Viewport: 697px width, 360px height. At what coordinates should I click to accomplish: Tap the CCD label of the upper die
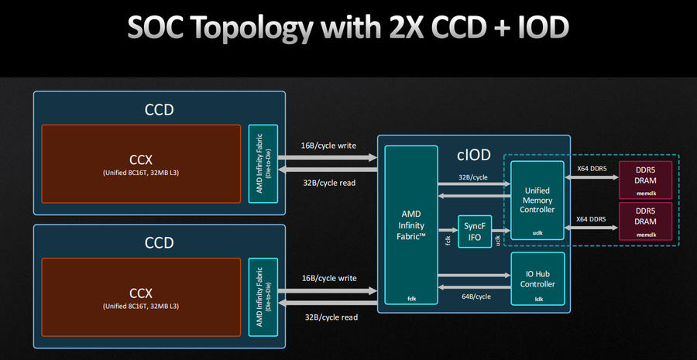(159, 109)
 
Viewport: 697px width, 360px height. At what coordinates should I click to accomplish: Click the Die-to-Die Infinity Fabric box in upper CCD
(263, 163)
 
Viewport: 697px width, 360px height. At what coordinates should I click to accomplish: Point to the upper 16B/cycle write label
(328, 146)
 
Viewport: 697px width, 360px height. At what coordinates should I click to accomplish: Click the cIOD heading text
(474, 155)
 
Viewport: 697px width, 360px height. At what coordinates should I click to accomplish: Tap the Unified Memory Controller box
(537, 199)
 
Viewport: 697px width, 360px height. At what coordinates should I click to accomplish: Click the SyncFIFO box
(474, 229)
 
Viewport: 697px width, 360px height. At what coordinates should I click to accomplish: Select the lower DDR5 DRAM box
(644, 221)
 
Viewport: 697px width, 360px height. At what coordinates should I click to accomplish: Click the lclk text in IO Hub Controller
(537, 298)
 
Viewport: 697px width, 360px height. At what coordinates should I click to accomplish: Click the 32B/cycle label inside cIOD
(473, 177)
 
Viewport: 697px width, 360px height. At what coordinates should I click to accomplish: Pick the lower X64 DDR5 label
(591, 219)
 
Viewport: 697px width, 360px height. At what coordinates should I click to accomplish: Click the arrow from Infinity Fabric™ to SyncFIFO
(447, 229)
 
